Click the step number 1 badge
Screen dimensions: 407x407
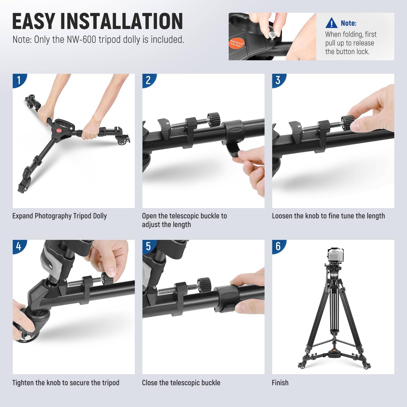point(19,80)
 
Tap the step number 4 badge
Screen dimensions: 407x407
point(19,246)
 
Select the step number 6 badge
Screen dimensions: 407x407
point(278,246)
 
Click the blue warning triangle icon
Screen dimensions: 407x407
point(331,23)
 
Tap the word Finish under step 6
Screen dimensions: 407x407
point(280,383)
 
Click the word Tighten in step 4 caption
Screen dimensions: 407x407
point(23,383)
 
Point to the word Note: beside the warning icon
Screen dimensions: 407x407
point(348,23)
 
